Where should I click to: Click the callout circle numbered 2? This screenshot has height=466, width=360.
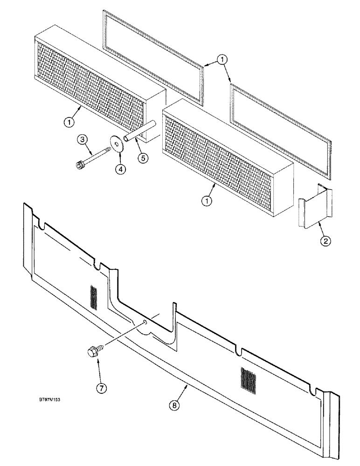(x=325, y=241)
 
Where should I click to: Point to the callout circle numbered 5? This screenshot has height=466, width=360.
(x=143, y=158)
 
